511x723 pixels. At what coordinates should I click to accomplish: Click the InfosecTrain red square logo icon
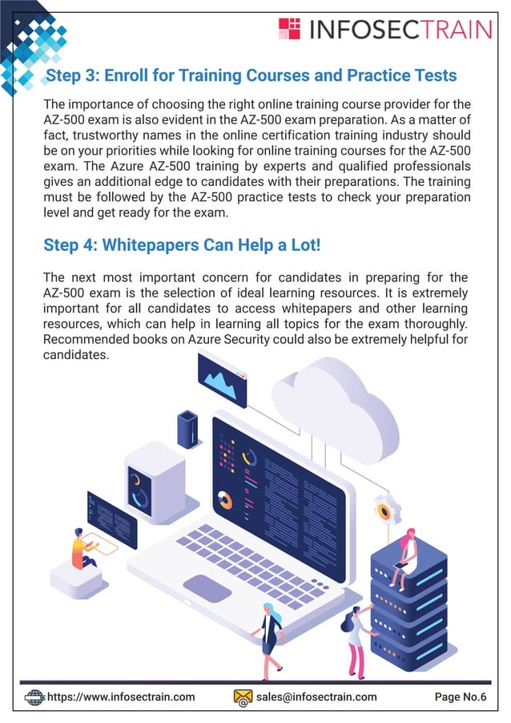289,29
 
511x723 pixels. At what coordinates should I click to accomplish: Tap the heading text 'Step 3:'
72,76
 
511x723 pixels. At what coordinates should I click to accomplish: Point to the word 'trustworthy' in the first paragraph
103,135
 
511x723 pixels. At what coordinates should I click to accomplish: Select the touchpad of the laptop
207,588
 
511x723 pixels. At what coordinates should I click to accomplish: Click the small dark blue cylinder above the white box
187,428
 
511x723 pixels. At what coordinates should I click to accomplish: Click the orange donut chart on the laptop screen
225,499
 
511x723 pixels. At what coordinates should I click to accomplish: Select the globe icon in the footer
34,697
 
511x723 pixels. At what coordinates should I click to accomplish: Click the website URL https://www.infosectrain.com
121,697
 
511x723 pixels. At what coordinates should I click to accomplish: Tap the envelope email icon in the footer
243,697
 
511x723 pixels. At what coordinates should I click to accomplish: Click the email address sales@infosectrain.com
316,697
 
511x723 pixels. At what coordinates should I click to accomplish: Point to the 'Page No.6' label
461,697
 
